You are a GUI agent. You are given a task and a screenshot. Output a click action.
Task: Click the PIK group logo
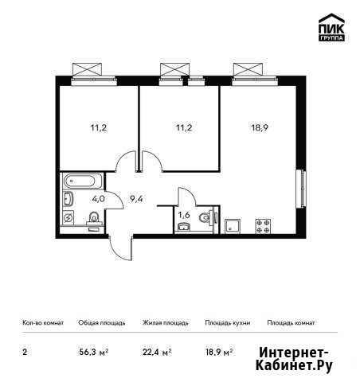[x=331, y=27]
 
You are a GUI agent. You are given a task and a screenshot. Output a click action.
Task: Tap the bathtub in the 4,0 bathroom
[x=79, y=181]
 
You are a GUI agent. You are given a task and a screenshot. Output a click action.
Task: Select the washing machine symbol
[x=68, y=218]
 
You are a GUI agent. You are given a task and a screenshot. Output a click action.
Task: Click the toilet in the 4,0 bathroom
[x=93, y=218]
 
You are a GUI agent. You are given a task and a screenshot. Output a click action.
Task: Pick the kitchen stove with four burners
[x=263, y=226]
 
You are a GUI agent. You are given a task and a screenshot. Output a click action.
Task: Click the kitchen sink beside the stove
[x=233, y=226]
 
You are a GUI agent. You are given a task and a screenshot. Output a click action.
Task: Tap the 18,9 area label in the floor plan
[x=260, y=128]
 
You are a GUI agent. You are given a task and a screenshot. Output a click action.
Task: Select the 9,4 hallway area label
[x=136, y=199]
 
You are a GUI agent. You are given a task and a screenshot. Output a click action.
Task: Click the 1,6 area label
[x=184, y=215]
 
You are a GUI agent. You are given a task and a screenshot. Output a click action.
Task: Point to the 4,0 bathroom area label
[x=98, y=199]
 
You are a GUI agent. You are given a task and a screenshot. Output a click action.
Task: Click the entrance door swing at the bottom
[x=121, y=248]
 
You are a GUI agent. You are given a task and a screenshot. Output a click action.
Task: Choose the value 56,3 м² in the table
[x=94, y=353]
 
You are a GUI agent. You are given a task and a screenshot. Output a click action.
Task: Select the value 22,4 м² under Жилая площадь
[x=157, y=353]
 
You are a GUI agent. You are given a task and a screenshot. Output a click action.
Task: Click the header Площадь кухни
[x=228, y=323]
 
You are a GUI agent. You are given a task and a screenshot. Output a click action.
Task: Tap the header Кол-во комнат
[x=43, y=323]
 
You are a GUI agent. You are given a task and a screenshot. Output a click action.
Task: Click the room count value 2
[x=25, y=353]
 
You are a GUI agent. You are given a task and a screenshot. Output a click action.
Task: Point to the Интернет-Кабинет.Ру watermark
[x=294, y=360]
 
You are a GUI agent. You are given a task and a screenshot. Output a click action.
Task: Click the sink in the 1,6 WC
[x=183, y=228]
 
